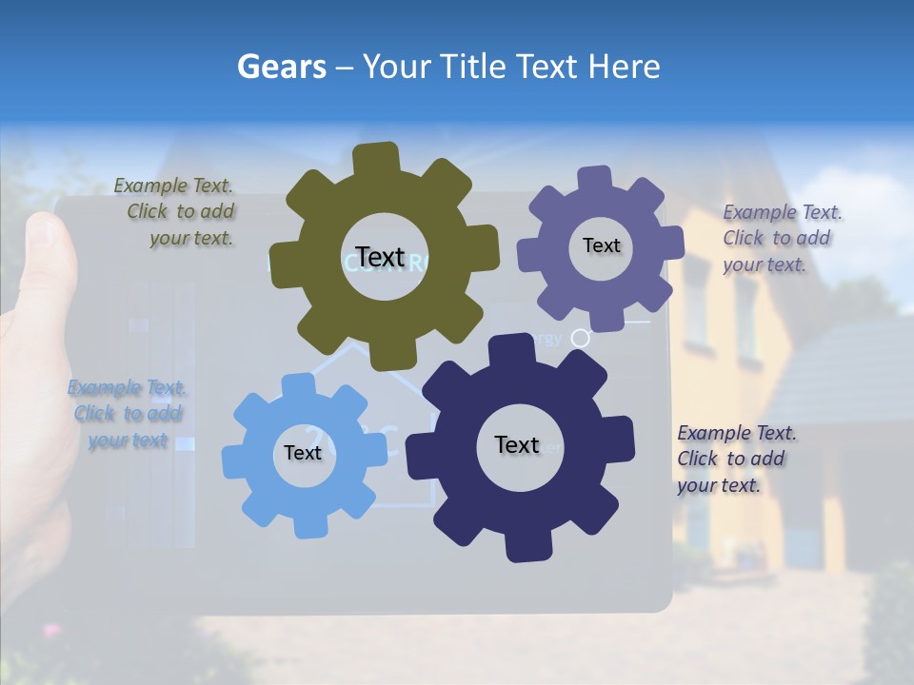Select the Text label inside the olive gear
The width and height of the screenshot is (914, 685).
tap(380, 258)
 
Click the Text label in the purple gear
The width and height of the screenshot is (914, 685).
tap(601, 245)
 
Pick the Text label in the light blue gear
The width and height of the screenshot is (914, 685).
tap(302, 453)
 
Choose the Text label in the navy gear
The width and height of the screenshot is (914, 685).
tap(517, 444)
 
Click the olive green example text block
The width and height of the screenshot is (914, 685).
tap(177, 212)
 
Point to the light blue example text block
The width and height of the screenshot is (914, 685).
tap(127, 414)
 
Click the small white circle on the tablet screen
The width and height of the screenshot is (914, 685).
tap(580, 337)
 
